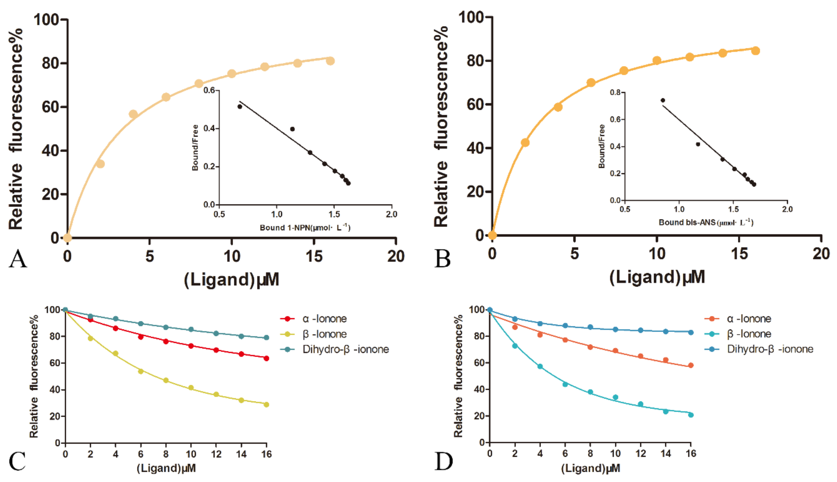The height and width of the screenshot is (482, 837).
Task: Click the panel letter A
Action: pyautogui.click(x=18, y=259)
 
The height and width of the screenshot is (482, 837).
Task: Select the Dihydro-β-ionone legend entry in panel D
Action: pyautogui.click(x=770, y=349)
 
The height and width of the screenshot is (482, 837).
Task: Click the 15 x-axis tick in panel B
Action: pyautogui.click(x=739, y=254)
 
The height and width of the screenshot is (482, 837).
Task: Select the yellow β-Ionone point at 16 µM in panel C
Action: pyautogui.click(x=266, y=405)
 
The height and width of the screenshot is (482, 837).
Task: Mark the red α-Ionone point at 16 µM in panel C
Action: pyautogui.click(x=266, y=358)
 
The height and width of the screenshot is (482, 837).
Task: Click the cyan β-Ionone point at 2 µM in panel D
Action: pyautogui.click(x=515, y=346)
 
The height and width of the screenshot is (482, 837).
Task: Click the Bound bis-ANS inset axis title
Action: pyautogui.click(x=705, y=222)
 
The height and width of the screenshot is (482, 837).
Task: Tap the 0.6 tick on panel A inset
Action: pyautogui.click(x=209, y=90)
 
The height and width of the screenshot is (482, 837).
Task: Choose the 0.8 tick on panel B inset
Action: pyautogui.click(x=615, y=92)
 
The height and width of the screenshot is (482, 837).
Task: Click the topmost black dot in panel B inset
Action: pyautogui.click(x=663, y=100)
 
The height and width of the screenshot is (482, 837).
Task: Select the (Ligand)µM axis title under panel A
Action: pyautogui.click(x=231, y=280)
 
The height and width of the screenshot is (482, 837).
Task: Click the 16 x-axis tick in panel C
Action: pyautogui.click(x=266, y=454)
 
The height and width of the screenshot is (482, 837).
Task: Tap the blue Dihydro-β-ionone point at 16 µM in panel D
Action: pyautogui.click(x=691, y=332)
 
